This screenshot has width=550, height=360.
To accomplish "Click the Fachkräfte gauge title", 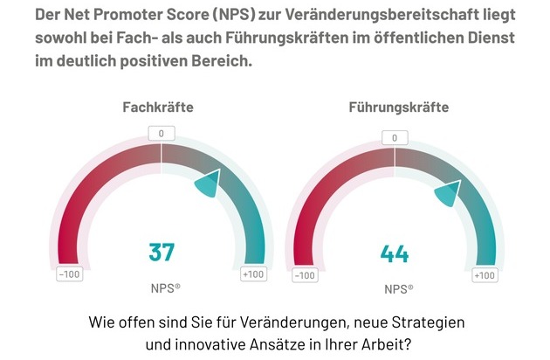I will [x=157, y=107].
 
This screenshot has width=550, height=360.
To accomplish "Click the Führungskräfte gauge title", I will [x=398, y=107].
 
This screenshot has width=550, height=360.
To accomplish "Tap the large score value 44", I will [x=395, y=254].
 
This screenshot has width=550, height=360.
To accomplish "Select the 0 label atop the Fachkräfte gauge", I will [x=162, y=134].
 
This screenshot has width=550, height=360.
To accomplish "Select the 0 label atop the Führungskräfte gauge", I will [x=395, y=138].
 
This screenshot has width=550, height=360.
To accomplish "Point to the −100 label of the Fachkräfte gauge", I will [x=70, y=274].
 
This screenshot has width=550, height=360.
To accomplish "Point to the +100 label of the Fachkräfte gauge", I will [x=253, y=274].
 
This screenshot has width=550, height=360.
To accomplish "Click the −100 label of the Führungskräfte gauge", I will [x=304, y=276].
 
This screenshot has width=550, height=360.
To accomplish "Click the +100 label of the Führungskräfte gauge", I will [x=485, y=275].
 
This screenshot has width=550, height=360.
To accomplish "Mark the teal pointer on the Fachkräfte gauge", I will [x=207, y=183].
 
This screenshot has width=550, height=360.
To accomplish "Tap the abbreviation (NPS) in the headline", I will [x=230, y=17].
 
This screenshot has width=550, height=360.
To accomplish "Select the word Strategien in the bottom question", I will [x=425, y=321].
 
